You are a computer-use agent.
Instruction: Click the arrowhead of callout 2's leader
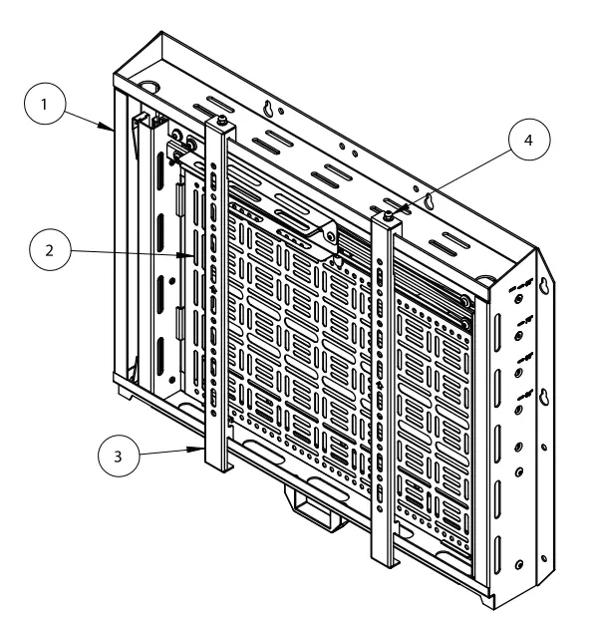pyautogui.click(x=195, y=256)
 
